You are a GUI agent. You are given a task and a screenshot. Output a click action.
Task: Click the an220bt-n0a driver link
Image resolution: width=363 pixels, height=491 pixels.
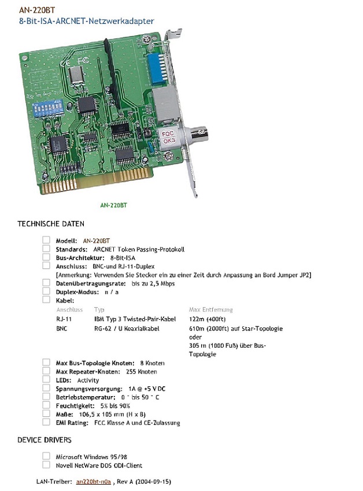coord(93,481)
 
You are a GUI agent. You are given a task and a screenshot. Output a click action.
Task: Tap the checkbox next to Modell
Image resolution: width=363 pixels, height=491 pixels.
coord(46,240)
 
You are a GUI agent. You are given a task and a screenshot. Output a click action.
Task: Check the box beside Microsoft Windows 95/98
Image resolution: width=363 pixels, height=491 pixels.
coord(46,456)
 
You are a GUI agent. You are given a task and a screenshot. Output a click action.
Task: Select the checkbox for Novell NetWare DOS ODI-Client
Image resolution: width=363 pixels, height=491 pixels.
coord(46,464)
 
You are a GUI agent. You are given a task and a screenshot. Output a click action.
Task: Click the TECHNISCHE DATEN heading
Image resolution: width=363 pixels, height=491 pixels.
coord(51,224)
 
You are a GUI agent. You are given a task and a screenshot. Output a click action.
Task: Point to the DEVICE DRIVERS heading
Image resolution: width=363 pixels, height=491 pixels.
coord(45,440)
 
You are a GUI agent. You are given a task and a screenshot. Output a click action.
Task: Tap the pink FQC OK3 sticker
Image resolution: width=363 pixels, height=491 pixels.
coord(169,137)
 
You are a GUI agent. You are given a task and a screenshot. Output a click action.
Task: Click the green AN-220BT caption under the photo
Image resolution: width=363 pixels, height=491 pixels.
coord(114,205)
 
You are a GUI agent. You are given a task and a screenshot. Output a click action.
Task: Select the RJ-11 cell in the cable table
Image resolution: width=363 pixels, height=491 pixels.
coord(64,319)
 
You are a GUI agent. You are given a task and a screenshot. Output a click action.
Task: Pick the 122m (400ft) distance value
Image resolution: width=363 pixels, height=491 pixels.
coord(207,319)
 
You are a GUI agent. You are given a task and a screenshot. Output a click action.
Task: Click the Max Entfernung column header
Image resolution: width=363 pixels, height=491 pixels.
coord(210,309)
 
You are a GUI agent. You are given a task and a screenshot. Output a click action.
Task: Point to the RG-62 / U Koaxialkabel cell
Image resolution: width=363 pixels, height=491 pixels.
coord(127,328)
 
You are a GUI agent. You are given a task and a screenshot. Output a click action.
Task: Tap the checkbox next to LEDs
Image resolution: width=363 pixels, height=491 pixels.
coord(46,379)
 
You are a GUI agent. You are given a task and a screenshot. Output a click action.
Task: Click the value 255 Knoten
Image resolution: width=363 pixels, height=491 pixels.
coord(142,372)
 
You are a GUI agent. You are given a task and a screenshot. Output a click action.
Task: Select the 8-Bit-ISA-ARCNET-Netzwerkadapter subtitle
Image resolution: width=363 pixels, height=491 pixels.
coord(86,21)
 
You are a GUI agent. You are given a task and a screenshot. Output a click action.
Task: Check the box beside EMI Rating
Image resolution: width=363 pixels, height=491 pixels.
coord(46,422)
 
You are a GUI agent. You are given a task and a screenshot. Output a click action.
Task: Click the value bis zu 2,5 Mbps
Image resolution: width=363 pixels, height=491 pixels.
coord(153,284)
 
